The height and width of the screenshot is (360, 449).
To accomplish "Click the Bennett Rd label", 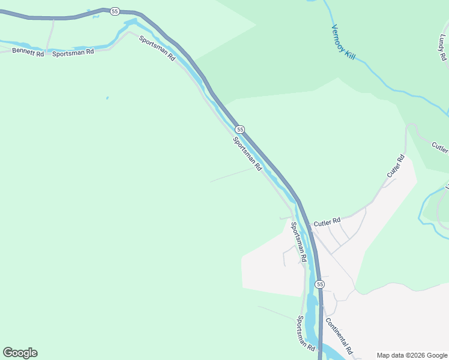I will pyautogui.click(x=28, y=53).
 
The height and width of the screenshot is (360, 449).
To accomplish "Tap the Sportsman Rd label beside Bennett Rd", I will pyautogui.click(x=73, y=52).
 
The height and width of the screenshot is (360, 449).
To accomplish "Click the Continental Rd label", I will pyautogui.click(x=339, y=335).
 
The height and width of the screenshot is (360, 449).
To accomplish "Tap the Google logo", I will pyautogui.click(x=20, y=353).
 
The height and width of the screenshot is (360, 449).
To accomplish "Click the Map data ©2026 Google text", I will pyautogui.click(x=412, y=355).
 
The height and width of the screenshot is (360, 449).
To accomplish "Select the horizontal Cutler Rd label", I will pyautogui.click(x=327, y=223).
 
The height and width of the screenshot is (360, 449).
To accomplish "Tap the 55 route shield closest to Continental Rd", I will pyautogui.click(x=320, y=284).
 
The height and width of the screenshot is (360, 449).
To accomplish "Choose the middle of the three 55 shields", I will pyautogui.click(x=240, y=130).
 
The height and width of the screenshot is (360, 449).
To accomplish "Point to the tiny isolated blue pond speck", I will pyautogui.click(x=107, y=98).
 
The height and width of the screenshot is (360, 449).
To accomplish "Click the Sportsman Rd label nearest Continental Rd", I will pyautogui.click(x=306, y=334).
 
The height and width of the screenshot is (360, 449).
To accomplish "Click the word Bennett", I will pyautogui.click(x=24, y=52).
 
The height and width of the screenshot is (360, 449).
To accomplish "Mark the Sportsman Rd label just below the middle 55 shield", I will pyautogui.click(x=247, y=154).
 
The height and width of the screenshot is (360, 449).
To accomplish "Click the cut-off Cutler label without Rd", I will pyautogui.click(x=440, y=146).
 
